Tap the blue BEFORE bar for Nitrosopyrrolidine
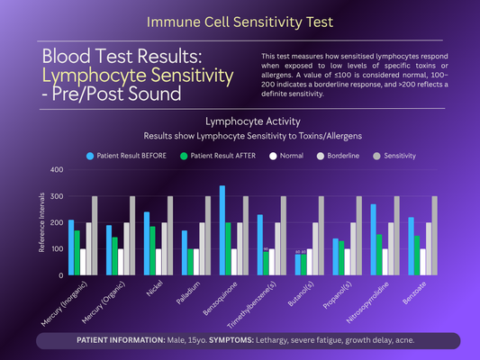[x=373, y=239]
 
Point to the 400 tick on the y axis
[x=57, y=170]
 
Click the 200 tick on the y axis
[x=57, y=222]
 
